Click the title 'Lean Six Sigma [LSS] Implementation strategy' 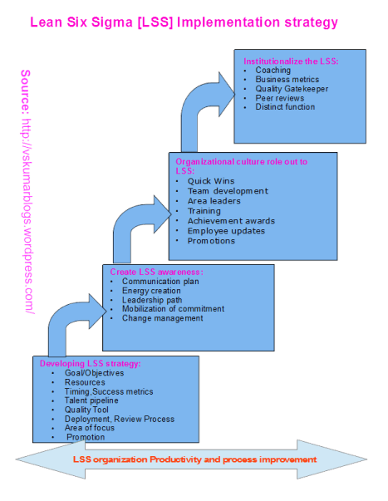click(x=184, y=22)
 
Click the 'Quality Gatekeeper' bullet click(x=292, y=89)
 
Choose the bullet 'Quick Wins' click(x=211, y=181)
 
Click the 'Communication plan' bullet click(x=160, y=282)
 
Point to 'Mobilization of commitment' click(x=173, y=309)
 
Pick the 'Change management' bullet click(x=162, y=318)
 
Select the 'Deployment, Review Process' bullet click(x=119, y=419)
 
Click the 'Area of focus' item click(x=91, y=428)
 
